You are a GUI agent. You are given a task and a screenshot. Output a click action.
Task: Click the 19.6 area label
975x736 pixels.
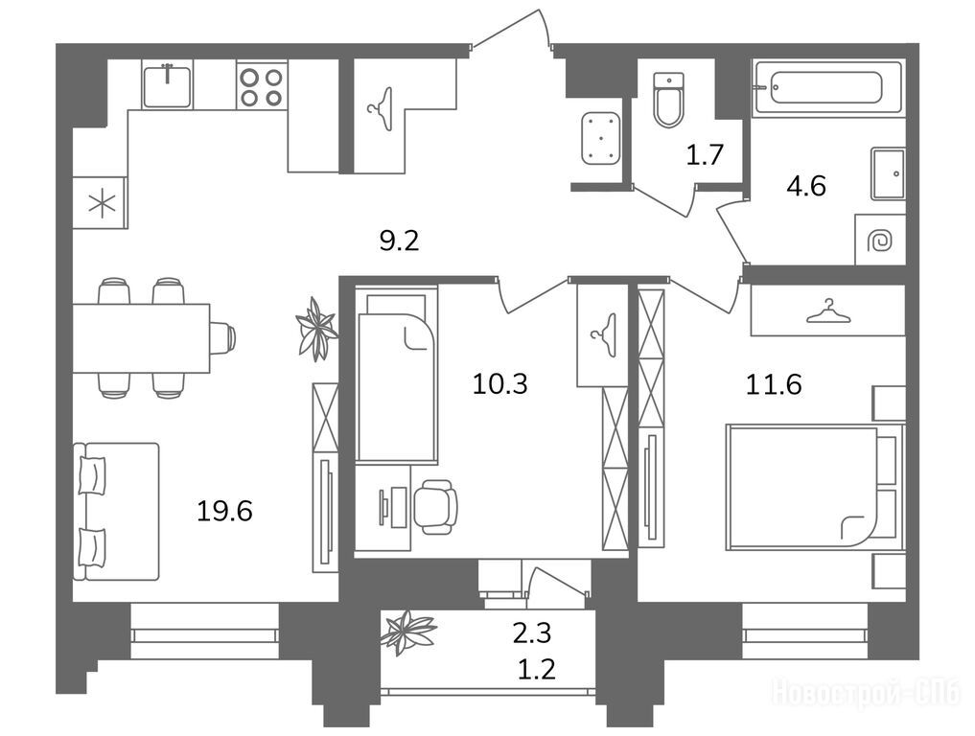pyautogui.click(x=224, y=512)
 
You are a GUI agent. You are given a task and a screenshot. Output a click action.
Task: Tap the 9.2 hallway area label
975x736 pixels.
pyautogui.click(x=399, y=241)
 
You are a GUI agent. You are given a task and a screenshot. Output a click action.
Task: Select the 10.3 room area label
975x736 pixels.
pyautogui.click(x=499, y=384)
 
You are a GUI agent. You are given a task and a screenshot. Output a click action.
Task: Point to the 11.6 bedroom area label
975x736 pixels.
pyautogui.click(x=774, y=384)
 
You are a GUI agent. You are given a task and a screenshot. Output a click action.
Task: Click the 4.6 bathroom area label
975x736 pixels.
pyautogui.click(x=806, y=186)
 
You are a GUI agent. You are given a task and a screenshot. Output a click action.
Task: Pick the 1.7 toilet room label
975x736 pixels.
pyautogui.click(x=706, y=154)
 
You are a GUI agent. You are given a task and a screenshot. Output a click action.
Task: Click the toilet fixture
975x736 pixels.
pyautogui.click(x=668, y=100)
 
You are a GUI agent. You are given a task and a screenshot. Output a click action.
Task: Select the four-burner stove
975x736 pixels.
pyautogui.click(x=262, y=86)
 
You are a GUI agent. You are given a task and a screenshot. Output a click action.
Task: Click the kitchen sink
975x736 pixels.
pyautogui.click(x=167, y=85)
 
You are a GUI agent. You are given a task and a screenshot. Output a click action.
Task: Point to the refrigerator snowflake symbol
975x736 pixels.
pyautogui.click(x=102, y=203)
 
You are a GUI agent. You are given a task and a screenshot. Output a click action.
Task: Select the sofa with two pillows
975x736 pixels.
pyautogui.click(x=116, y=512)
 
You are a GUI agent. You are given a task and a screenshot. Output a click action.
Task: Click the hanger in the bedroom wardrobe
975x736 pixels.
pyautogui.click(x=828, y=310)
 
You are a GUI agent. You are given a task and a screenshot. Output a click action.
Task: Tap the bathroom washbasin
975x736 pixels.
pyautogui.click(x=888, y=173)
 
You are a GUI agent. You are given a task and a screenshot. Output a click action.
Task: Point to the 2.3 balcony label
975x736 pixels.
pyautogui.click(x=532, y=632)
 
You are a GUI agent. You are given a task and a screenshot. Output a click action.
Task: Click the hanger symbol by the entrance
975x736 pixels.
pyautogui.click(x=381, y=109)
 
